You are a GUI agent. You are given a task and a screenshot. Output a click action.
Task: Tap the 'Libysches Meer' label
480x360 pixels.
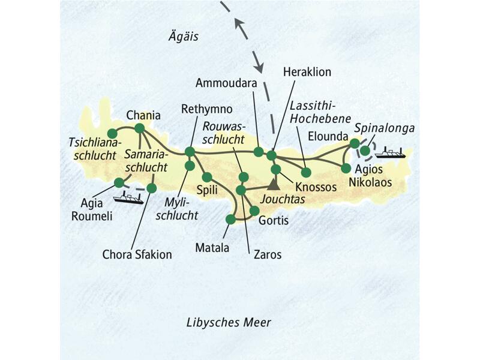click(x=228, y=323)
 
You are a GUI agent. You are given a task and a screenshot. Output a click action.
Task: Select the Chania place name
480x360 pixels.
click(x=141, y=115)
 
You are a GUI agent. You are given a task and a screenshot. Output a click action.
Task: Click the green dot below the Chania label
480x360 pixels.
click(x=139, y=128)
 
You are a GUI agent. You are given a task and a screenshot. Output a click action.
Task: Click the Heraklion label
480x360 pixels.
click(x=306, y=71)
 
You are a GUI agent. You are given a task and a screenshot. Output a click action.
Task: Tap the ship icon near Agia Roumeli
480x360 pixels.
click(x=128, y=198)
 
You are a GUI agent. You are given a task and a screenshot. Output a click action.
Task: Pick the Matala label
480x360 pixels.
click(x=213, y=246)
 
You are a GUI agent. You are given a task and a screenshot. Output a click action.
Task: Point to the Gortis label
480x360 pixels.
click(x=273, y=221)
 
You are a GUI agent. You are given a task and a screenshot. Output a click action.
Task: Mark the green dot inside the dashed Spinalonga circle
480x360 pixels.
click(x=364, y=150)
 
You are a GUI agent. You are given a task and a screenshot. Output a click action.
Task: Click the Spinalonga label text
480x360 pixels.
click(x=377, y=128)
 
